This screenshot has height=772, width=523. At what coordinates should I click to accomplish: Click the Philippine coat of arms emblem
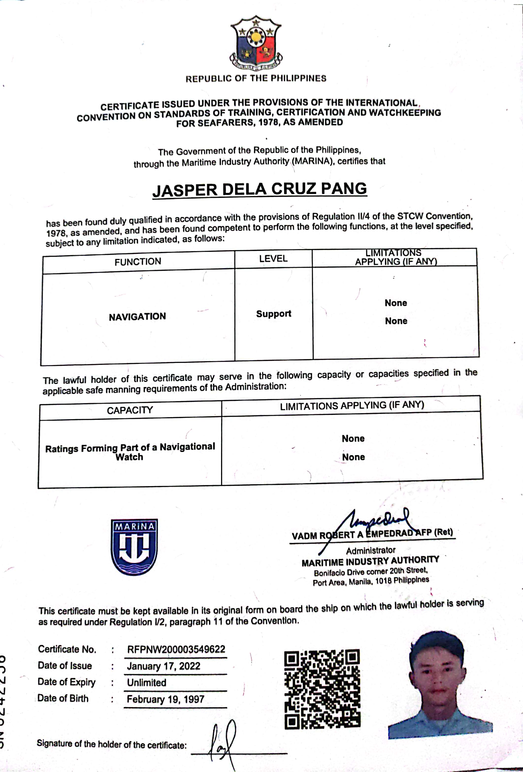tap(256, 43)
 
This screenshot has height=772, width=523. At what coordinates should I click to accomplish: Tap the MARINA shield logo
tap(134, 547)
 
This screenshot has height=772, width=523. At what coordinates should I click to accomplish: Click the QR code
tap(322, 689)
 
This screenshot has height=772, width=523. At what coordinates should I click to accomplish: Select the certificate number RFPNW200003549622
tap(176, 649)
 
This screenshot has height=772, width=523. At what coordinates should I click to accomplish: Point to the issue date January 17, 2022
tap(163, 666)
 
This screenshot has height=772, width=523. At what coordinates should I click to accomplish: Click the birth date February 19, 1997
tap(165, 699)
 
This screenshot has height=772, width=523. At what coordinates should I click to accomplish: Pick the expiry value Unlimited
tap(147, 683)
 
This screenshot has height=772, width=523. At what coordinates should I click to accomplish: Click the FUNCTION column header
tap(138, 262)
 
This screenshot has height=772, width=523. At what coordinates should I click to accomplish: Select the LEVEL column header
tap(273, 259)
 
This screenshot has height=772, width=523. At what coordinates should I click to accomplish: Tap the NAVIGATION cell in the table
tap(137, 317)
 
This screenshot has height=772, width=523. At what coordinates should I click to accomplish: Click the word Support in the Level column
tap(274, 314)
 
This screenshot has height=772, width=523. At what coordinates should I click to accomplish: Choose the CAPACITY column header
tap(130, 410)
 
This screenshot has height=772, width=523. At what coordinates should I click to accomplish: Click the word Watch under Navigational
tap(129, 457)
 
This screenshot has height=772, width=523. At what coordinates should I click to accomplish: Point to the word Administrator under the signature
tap(371, 551)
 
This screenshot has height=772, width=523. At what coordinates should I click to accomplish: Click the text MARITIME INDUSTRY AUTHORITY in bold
tap(370, 562)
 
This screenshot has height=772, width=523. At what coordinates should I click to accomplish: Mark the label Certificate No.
tap(67, 649)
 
